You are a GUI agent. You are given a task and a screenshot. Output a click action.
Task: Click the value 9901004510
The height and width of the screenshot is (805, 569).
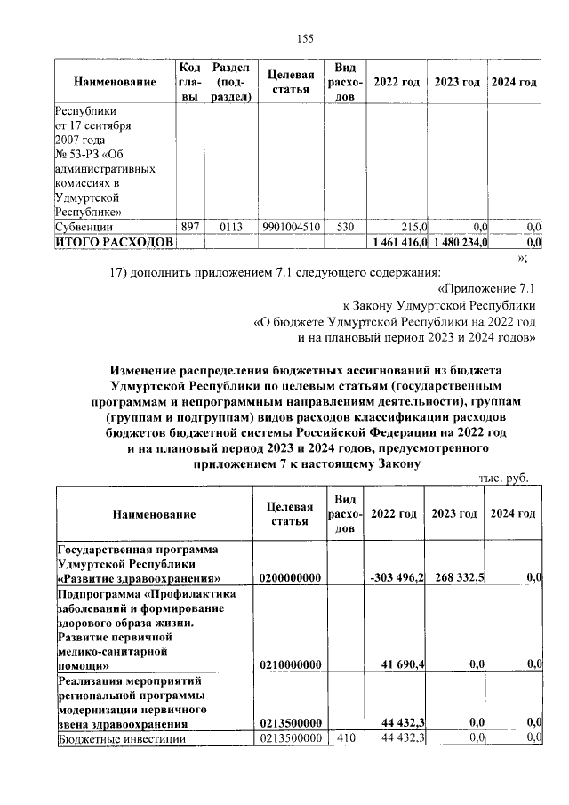[x=292, y=227]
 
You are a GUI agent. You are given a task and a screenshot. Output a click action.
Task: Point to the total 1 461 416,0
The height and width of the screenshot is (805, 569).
[x=397, y=242]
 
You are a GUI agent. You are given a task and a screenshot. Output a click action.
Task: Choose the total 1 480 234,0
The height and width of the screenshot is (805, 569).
[x=457, y=242]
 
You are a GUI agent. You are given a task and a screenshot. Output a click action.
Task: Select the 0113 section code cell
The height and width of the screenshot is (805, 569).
[x=230, y=227]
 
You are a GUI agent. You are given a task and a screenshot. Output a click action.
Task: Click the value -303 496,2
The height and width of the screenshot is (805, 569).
[x=397, y=578]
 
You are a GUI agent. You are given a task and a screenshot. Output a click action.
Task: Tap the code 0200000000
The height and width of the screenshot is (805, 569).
[x=289, y=578]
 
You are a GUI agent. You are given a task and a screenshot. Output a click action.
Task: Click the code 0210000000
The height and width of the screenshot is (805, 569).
[x=289, y=664]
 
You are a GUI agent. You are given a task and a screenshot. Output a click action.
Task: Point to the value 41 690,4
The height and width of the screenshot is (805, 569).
[x=402, y=664]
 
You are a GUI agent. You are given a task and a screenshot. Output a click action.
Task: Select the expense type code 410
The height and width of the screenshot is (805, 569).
[x=345, y=738]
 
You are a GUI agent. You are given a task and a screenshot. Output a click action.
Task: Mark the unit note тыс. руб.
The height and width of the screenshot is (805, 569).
[x=504, y=478]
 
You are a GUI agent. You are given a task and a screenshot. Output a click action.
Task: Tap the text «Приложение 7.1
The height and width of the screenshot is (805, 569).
[x=487, y=288]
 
